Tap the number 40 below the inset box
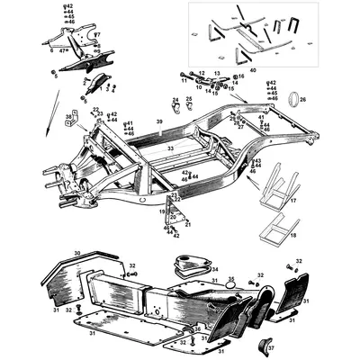253,69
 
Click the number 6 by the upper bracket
51,51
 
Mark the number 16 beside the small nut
240,76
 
